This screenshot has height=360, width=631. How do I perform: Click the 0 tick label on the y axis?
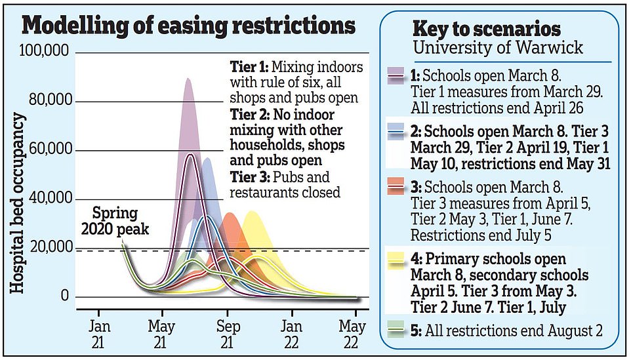pyautogui.click(x=64, y=297)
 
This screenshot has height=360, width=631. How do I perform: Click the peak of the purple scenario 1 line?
pyautogui.click(x=190, y=155)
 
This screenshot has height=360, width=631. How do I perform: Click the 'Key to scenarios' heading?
pyautogui.click(x=486, y=29)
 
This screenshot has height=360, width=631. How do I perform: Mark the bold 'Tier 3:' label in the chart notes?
pyautogui.click(x=248, y=178)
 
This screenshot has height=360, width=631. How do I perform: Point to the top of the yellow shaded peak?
pyautogui.click(x=252, y=212)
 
